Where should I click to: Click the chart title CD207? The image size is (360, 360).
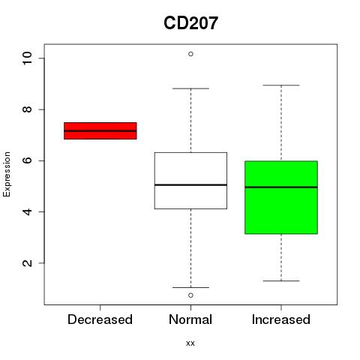190,23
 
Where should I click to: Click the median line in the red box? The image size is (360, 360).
100,130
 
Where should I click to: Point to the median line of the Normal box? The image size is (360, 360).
190,185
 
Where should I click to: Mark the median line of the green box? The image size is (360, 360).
281,187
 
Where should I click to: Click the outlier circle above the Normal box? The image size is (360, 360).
190,54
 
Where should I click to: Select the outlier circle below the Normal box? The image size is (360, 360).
190,295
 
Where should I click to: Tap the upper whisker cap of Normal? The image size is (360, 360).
190,88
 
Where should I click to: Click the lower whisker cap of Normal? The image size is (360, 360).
190,287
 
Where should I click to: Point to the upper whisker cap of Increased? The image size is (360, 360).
281,85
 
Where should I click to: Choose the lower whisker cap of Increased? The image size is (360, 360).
281,280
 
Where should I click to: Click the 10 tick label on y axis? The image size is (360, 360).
27,58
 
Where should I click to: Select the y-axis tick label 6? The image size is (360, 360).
27,160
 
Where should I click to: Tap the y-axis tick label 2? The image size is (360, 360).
27,263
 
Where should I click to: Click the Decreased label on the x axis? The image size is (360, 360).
100,319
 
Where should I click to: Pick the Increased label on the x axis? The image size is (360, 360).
281,319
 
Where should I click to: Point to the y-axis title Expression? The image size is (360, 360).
7,174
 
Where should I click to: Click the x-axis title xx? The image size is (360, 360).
190,343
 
